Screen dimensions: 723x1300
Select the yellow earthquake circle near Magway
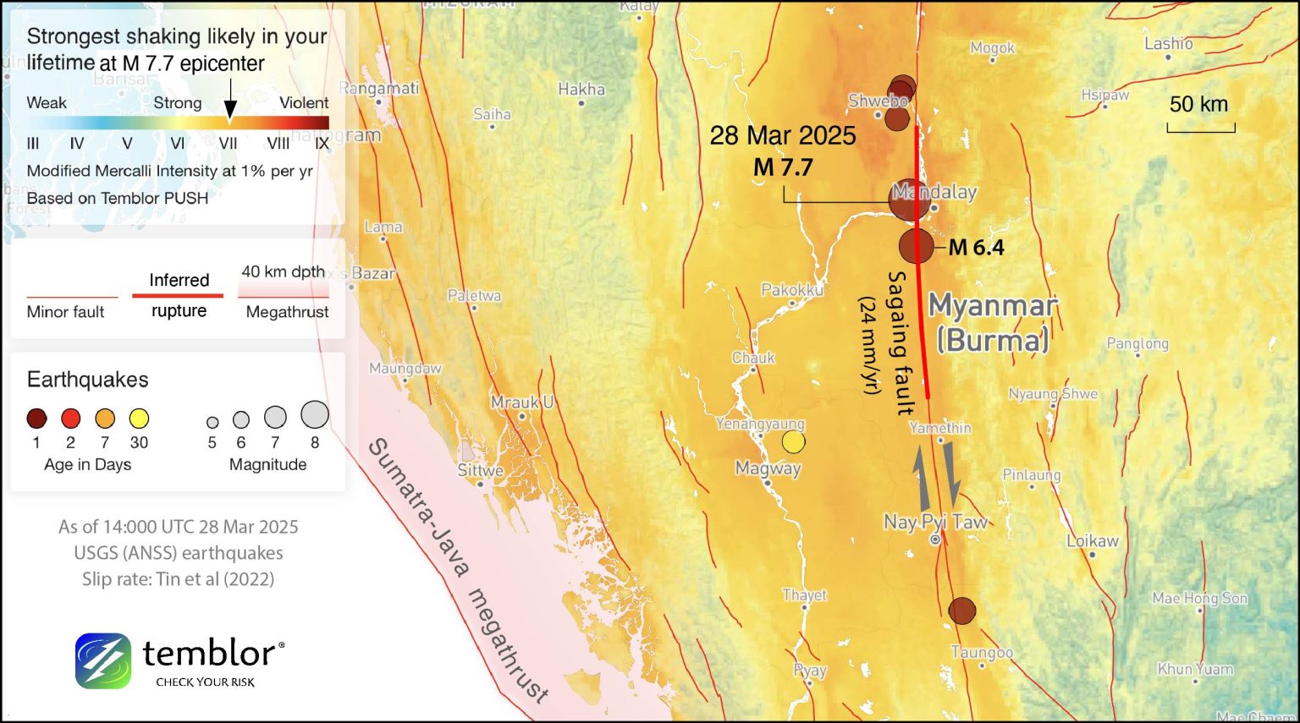(793, 441)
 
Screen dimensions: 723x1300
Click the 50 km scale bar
(1200, 128)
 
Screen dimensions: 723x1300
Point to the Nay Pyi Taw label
(935, 522)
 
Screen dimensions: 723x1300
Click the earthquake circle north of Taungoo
(961, 610)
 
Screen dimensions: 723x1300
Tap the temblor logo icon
(102, 660)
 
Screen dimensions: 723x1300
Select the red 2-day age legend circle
(70, 418)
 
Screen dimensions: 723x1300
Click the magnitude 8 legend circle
(315, 414)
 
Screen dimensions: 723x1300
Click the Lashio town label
(1168, 43)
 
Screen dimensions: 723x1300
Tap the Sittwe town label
(480, 471)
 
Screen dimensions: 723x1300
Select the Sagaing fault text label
(901, 342)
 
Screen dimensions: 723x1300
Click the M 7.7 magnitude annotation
(783, 167)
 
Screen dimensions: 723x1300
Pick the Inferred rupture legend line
(178, 295)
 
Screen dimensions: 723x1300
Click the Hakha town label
(581, 89)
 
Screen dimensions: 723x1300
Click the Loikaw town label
(1092, 540)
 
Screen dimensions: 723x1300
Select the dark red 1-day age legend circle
(36, 418)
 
